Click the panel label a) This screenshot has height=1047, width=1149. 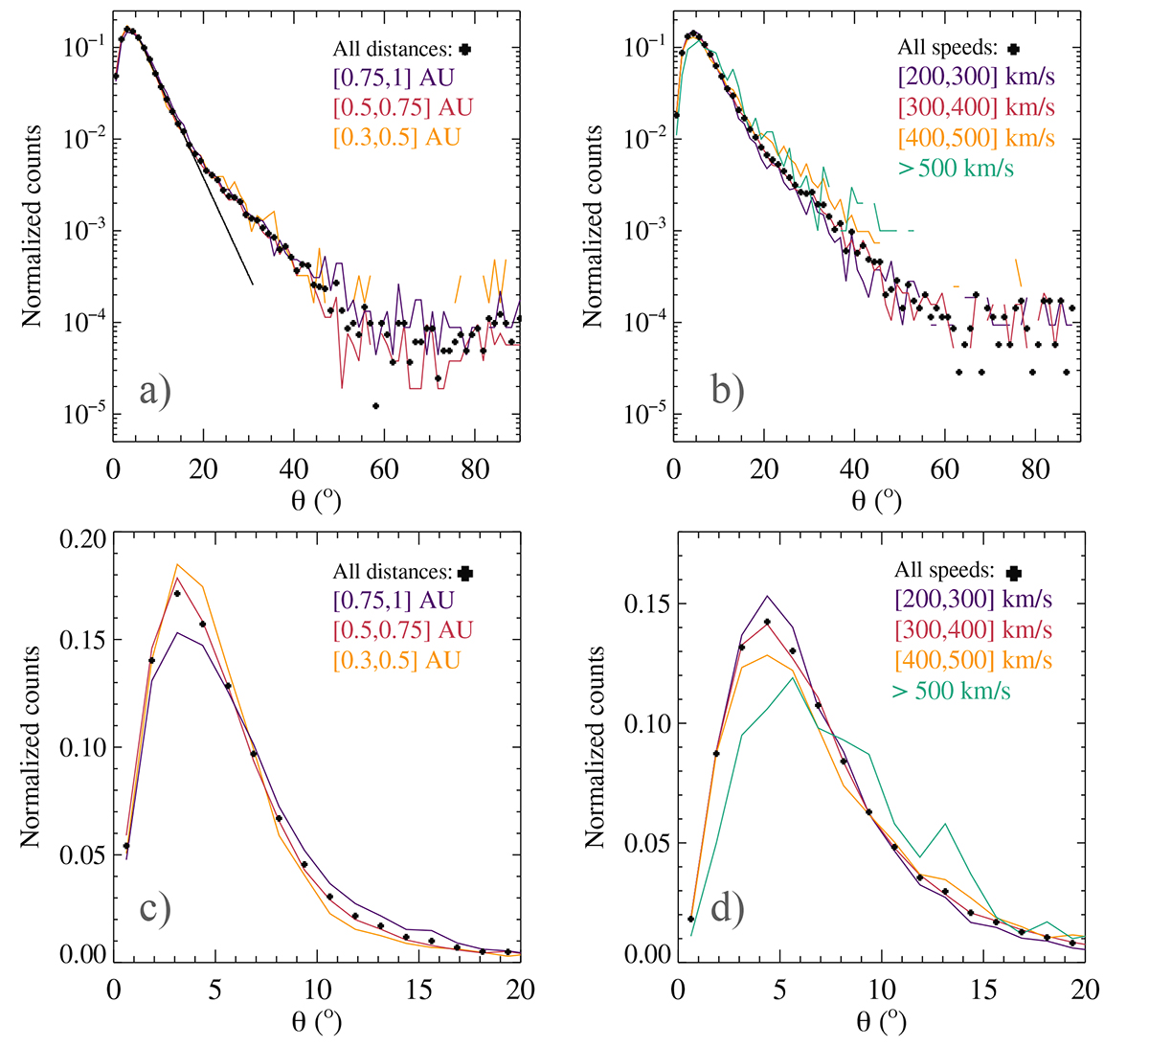tap(154, 392)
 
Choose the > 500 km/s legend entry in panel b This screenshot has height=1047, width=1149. tap(957, 169)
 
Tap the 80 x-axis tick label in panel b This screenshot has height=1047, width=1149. tap(1035, 470)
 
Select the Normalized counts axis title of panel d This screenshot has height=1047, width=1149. tap(594, 747)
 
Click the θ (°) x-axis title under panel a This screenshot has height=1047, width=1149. tap(316, 502)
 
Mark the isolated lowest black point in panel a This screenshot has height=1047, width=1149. tap(375, 405)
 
